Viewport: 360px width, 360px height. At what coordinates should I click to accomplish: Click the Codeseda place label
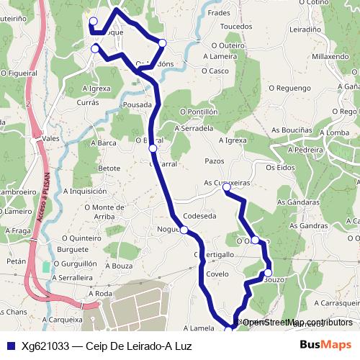point(199,215)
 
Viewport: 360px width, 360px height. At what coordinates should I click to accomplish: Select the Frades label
point(218,13)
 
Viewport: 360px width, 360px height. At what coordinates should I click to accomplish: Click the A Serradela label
point(194,128)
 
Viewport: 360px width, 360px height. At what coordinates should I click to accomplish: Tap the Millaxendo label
point(330,56)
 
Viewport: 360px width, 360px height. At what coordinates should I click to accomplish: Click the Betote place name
point(109,168)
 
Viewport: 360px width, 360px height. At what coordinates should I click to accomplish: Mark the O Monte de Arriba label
point(109,212)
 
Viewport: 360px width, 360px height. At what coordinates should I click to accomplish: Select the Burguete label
point(72,249)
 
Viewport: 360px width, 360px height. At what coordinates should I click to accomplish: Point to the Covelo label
point(217,274)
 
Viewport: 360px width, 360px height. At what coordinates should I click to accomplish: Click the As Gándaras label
point(295,203)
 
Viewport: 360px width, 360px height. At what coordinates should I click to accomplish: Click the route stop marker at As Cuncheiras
point(226,187)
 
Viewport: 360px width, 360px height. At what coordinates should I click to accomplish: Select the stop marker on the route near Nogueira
point(184,230)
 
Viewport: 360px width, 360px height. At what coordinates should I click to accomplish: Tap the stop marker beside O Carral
point(153,148)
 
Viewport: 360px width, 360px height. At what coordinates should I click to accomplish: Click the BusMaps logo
point(325,346)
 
